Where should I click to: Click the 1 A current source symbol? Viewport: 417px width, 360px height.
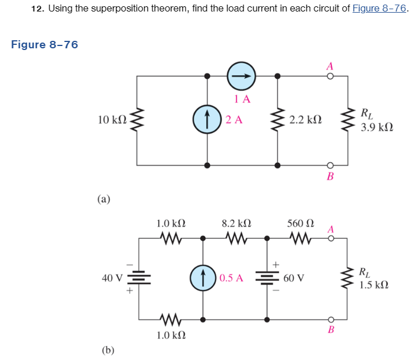coord(242,75)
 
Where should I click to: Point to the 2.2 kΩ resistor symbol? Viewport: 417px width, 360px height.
coord(278,120)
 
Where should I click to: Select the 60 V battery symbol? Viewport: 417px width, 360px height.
coord(266,278)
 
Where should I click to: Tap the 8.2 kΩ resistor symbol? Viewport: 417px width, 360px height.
coord(235,237)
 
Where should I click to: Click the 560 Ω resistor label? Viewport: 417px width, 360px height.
coord(301,223)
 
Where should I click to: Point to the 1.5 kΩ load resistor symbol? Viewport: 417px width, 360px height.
coord(347,278)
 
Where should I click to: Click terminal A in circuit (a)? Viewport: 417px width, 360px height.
coord(330,76)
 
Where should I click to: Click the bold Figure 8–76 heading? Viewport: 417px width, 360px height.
coord(44,45)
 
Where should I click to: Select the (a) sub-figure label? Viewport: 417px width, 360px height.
coord(104,199)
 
